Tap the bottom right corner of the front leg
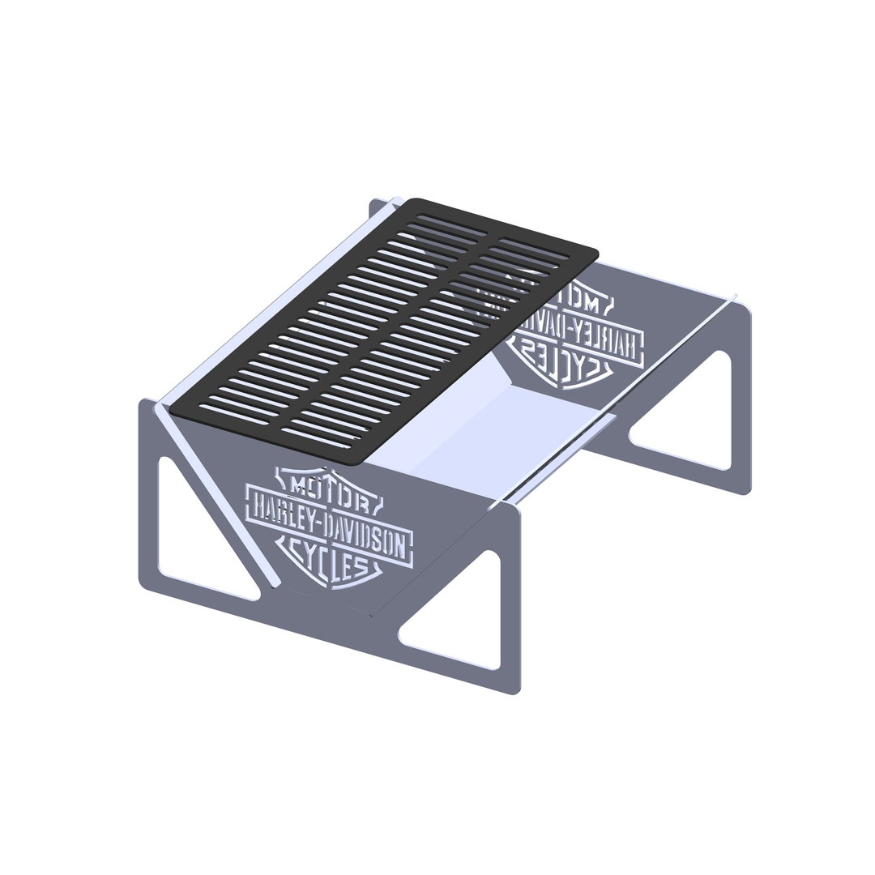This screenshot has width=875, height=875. [x=514, y=692]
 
